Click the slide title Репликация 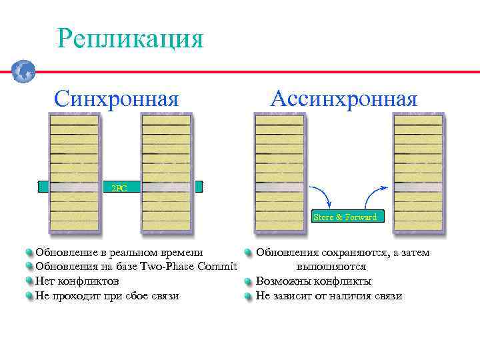tap(130, 38)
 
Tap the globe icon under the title tap(23, 70)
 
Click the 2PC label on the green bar tap(119, 188)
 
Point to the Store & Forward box tap(345, 217)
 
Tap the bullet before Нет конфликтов tap(29, 281)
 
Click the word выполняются tap(331, 267)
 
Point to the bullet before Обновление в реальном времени tap(29, 253)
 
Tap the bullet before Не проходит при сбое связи tap(29, 296)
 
